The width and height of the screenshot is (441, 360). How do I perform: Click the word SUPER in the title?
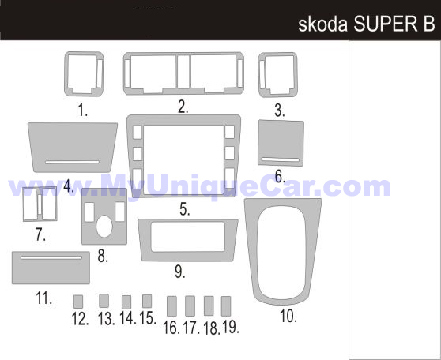tap(386, 24)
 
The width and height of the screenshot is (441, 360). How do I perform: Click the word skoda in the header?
tap(323, 24)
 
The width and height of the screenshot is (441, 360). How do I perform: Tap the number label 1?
tap(82, 110)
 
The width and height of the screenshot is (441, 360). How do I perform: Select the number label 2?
tap(183, 107)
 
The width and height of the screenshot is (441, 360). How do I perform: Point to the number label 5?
tap(185, 209)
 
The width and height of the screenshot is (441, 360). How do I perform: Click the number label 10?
tap(288, 316)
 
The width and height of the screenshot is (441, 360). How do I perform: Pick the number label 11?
tap(44, 298)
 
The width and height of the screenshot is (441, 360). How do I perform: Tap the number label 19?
tap(231, 327)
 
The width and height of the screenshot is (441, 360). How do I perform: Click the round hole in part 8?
tap(104, 227)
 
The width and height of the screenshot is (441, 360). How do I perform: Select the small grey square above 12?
tap(78, 302)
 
